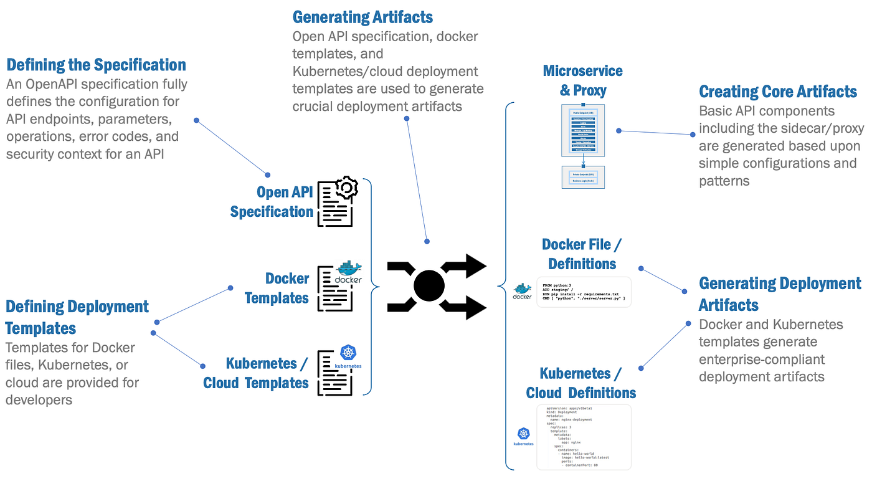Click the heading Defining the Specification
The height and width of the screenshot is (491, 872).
pos(96,65)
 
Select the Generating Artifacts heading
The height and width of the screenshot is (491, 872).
pos(363,16)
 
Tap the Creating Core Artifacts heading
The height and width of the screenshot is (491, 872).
pos(778,92)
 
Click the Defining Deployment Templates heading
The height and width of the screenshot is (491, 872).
pos(77,317)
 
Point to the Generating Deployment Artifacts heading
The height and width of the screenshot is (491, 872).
pos(780,294)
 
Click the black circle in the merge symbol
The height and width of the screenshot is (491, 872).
pos(429,286)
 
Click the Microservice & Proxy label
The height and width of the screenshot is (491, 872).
pos(582,80)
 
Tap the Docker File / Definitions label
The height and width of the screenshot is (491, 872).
pos(582,254)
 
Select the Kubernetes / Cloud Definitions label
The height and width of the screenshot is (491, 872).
pos(581,383)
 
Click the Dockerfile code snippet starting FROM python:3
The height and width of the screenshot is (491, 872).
pos(584,292)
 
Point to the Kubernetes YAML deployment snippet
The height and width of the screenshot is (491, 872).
pos(584,437)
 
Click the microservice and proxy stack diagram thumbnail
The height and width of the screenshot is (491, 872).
pos(583,146)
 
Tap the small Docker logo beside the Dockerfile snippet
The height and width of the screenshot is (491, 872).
pos(522,292)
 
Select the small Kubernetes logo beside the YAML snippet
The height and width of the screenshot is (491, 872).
pos(523,437)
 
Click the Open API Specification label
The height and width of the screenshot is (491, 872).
pos(272,202)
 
